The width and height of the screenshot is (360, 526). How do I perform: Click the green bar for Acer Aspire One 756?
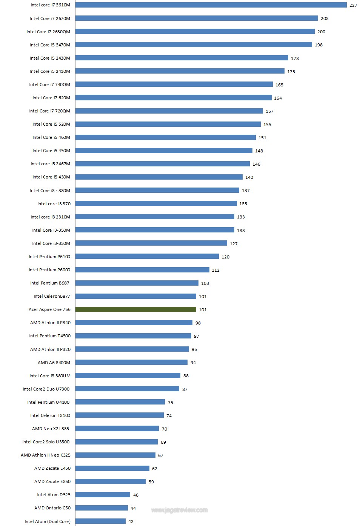(136, 309)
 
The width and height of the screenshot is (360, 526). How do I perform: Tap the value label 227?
(353, 5)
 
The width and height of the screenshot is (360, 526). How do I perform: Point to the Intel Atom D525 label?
(54, 495)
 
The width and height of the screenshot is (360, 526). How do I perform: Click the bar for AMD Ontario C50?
(102, 508)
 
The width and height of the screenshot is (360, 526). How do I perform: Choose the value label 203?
(325, 18)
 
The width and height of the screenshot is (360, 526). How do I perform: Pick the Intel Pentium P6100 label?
(49, 257)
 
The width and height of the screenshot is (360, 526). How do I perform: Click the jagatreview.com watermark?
(179, 510)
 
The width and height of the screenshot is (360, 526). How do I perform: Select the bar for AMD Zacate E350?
(110, 481)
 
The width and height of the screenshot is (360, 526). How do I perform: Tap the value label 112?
(215, 270)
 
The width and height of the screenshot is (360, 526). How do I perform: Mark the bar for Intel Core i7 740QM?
(174, 85)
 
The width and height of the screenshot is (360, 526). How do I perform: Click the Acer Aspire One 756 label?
(49, 309)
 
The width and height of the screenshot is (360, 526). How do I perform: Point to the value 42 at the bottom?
(131, 521)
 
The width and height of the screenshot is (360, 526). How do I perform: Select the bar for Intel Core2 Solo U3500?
(116, 442)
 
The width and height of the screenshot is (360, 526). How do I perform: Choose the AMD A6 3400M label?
(54, 363)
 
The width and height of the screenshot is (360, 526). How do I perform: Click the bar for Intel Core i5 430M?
(159, 177)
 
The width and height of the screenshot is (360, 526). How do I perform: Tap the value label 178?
(295, 58)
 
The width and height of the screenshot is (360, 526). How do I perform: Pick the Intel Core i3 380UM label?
(50, 376)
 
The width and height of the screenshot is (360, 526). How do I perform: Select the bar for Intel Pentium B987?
(137, 283)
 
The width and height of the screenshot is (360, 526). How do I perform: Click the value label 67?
(161, 455)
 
